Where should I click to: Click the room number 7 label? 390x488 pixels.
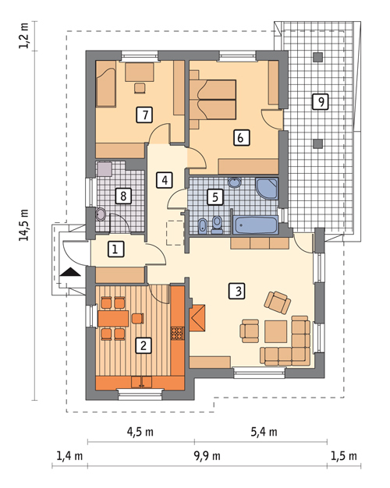tap(145, 115)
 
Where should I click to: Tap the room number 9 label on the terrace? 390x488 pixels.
tap(321, 102)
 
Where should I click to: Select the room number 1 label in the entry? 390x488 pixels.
tap(116, 249)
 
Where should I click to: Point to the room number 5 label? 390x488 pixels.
tap(215, 196)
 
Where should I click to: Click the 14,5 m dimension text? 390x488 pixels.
tap(24, 225)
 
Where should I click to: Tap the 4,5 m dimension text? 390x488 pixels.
tap(140, 432)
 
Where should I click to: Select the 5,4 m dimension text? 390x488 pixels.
tap(264, 432)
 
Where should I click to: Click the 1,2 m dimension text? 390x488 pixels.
tap(24, 35)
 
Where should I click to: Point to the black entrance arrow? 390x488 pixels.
tap(70, 272)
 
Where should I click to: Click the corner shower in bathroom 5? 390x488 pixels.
tap(267, 189)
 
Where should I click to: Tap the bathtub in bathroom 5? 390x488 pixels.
tap(255, 225)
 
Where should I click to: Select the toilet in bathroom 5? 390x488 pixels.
tap(217, 225)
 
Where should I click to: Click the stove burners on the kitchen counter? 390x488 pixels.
tap(177, 333)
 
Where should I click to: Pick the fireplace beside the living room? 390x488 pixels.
tap(197, 318)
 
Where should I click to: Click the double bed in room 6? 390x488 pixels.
tap(213, 100)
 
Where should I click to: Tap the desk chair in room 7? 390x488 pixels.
tap(140, 88)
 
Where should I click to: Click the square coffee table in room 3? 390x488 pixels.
tap(276, 332)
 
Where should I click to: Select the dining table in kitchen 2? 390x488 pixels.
tap(113, 318)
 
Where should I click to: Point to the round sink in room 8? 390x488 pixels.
tap(101, 214)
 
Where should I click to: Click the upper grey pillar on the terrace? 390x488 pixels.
tap(317, 57)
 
